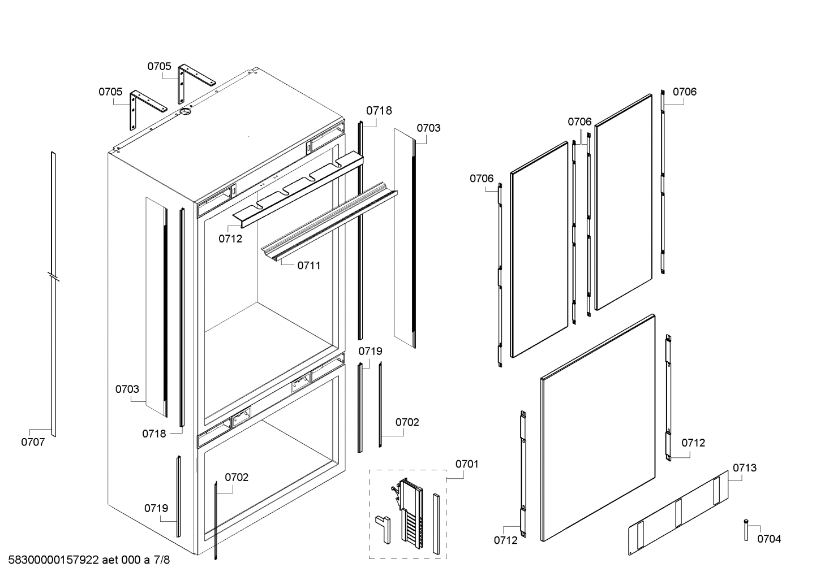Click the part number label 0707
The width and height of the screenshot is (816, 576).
click(33, 443)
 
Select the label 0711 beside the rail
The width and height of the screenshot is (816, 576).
click(309, 265)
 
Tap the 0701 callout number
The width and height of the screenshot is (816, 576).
click(467, 464)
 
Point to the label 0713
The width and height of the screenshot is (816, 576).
click(744, 468)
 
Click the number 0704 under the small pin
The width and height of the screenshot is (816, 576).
click(769, 539)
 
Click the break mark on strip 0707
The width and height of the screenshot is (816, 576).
click(53, 277)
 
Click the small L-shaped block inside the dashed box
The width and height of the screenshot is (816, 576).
click(382, 527)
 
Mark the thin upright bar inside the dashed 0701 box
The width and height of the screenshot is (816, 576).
click(436, 523)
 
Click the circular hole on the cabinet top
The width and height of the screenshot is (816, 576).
click(184, 112)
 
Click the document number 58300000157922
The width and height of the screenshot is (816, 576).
click(54, 560)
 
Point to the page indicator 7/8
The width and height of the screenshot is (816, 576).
click(161, 560)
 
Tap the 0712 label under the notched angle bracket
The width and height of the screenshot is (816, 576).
click(230, 239)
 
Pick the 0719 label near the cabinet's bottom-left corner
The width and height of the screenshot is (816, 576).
click(156, 508)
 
